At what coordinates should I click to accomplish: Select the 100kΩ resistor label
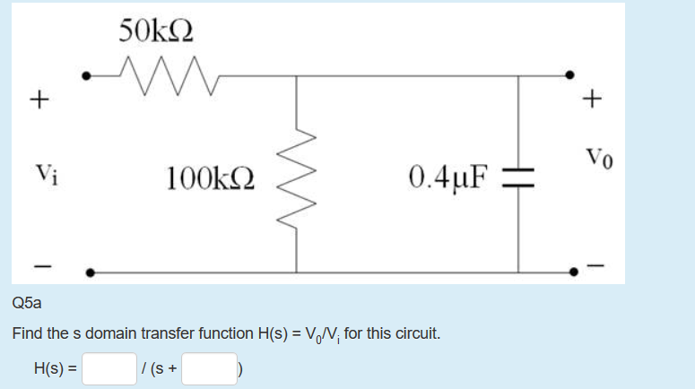[211, 177]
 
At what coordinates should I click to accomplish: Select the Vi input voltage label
[43, 171]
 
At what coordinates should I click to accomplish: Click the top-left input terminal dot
[87, 76]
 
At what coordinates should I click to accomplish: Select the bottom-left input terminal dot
[89, 271]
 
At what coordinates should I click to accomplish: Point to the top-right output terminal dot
[569, 76]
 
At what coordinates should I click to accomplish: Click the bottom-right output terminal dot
[569, 271]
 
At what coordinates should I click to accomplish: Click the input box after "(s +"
[208, 367]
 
